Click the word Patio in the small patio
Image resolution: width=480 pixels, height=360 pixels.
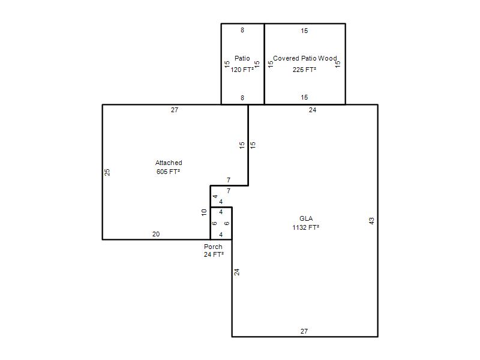pos(242,58)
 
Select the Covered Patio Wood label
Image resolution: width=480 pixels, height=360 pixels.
pos(305,58)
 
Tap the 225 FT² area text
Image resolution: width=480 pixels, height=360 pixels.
pos(304,70)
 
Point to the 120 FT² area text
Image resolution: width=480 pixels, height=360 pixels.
pos(242,70)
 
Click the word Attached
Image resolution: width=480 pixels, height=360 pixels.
pos(169,163)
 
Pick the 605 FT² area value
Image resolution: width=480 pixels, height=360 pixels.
pos(168,172)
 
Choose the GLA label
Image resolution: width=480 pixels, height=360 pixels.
pos(306,218)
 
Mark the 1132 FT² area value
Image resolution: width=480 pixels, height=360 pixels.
pos(306,227)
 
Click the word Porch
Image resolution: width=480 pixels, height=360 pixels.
pos(213,247)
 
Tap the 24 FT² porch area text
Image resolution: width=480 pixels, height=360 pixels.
pos(214,254)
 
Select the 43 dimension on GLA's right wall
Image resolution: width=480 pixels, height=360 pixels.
pos(371,221)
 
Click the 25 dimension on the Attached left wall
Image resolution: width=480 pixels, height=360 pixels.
pos(107,172)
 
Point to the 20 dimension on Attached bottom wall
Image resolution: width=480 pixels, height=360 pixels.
pos(156,234)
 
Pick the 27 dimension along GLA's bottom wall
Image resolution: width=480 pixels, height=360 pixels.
pos(304,331)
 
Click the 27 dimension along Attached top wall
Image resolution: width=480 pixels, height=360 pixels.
pos(175,110)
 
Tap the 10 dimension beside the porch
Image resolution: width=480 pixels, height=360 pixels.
pos(204,212)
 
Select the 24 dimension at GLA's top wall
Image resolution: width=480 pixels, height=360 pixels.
pos(313,110)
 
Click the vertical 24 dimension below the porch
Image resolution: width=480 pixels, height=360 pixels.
pos(236,272)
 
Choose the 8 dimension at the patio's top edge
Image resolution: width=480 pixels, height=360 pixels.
pos(242,30)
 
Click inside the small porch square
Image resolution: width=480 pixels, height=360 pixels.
pos(221,223)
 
